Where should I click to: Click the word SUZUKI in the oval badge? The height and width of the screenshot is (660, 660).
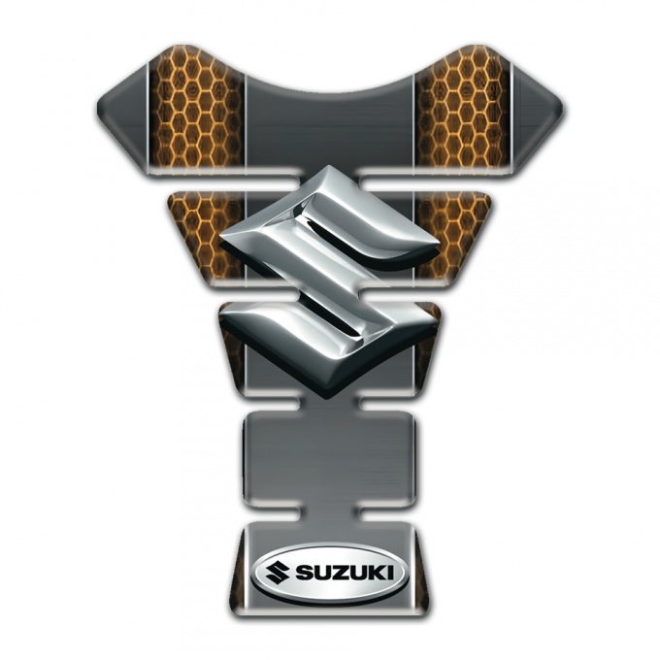tap(346, 573)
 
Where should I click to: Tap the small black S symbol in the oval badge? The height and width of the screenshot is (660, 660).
tap(277, 573)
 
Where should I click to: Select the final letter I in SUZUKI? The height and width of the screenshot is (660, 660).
tap(391, 573)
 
